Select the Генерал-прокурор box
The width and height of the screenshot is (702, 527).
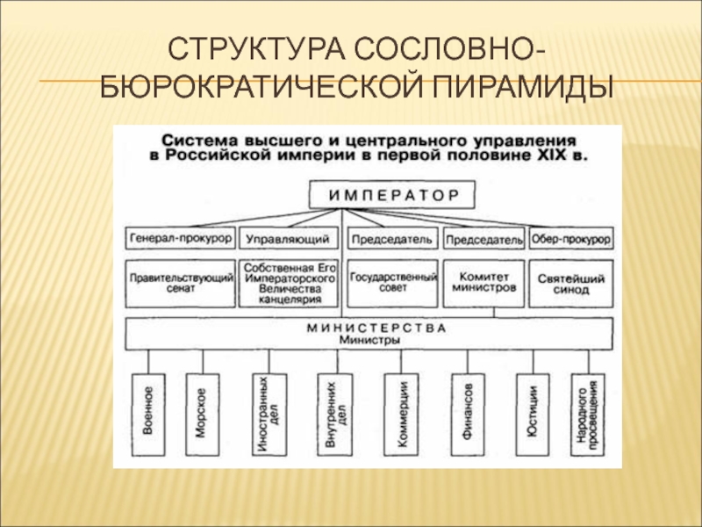click(180, 238)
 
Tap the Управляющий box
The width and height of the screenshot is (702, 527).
click(287, 238)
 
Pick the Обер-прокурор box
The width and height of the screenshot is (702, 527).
click(571, 238)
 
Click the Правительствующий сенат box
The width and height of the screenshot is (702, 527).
click(180, 282)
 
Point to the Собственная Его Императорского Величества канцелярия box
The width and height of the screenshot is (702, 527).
click(287, 282)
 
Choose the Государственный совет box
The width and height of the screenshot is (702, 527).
click(393, 282)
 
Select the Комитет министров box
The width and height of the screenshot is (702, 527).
click(484, 282)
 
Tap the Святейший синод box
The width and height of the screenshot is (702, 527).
click(571, 282)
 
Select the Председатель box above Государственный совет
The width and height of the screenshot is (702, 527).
click(393, 238)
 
